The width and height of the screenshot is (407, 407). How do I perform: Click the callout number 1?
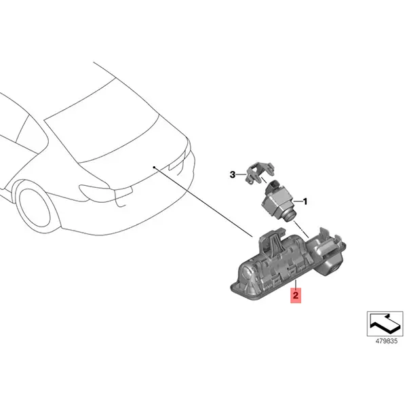[305, 201]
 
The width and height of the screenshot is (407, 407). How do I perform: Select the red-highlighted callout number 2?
[296, 295]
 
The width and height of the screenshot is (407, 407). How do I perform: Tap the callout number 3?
[233, 175]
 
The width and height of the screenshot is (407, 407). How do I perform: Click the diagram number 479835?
[386, 341]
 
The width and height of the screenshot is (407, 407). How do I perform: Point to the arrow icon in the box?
[385, 324]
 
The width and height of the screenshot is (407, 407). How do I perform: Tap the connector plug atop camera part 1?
[273, 186]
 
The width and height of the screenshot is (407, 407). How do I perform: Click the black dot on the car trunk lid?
[154, 167]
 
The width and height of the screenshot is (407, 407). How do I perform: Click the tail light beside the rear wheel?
[106, 192]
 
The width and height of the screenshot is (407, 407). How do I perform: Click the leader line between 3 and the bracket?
[241, 174]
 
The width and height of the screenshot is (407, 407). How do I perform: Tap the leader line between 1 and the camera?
[298, 201]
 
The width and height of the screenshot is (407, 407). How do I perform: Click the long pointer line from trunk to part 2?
[203, 202]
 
